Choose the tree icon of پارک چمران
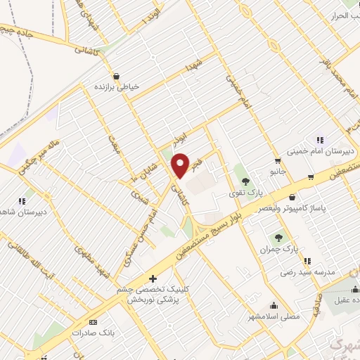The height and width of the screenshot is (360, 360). (x=279, y=238)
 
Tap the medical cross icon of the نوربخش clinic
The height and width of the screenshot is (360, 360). (x=153, y=278)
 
